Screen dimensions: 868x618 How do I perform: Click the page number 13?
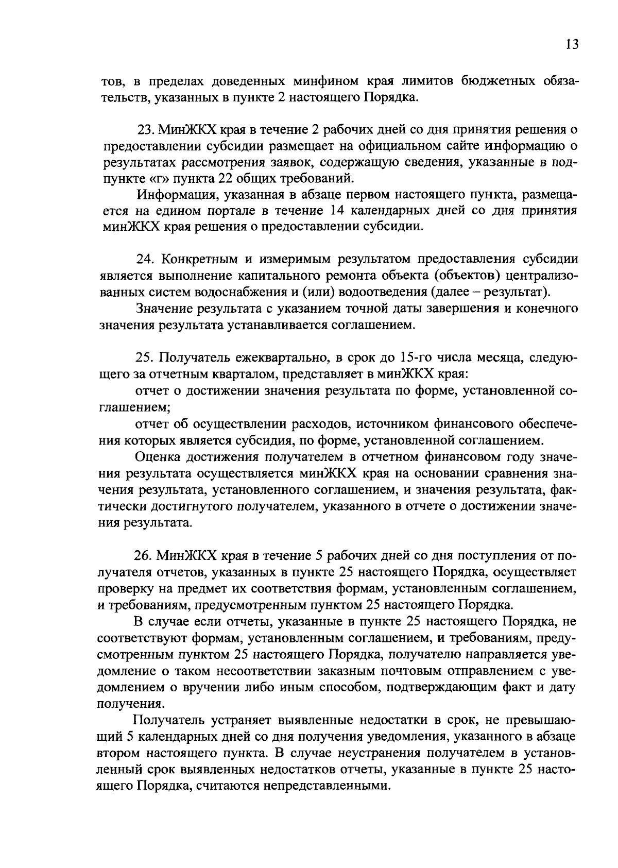(x=572, y=44)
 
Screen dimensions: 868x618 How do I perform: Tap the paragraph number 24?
(x=144, y=259)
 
